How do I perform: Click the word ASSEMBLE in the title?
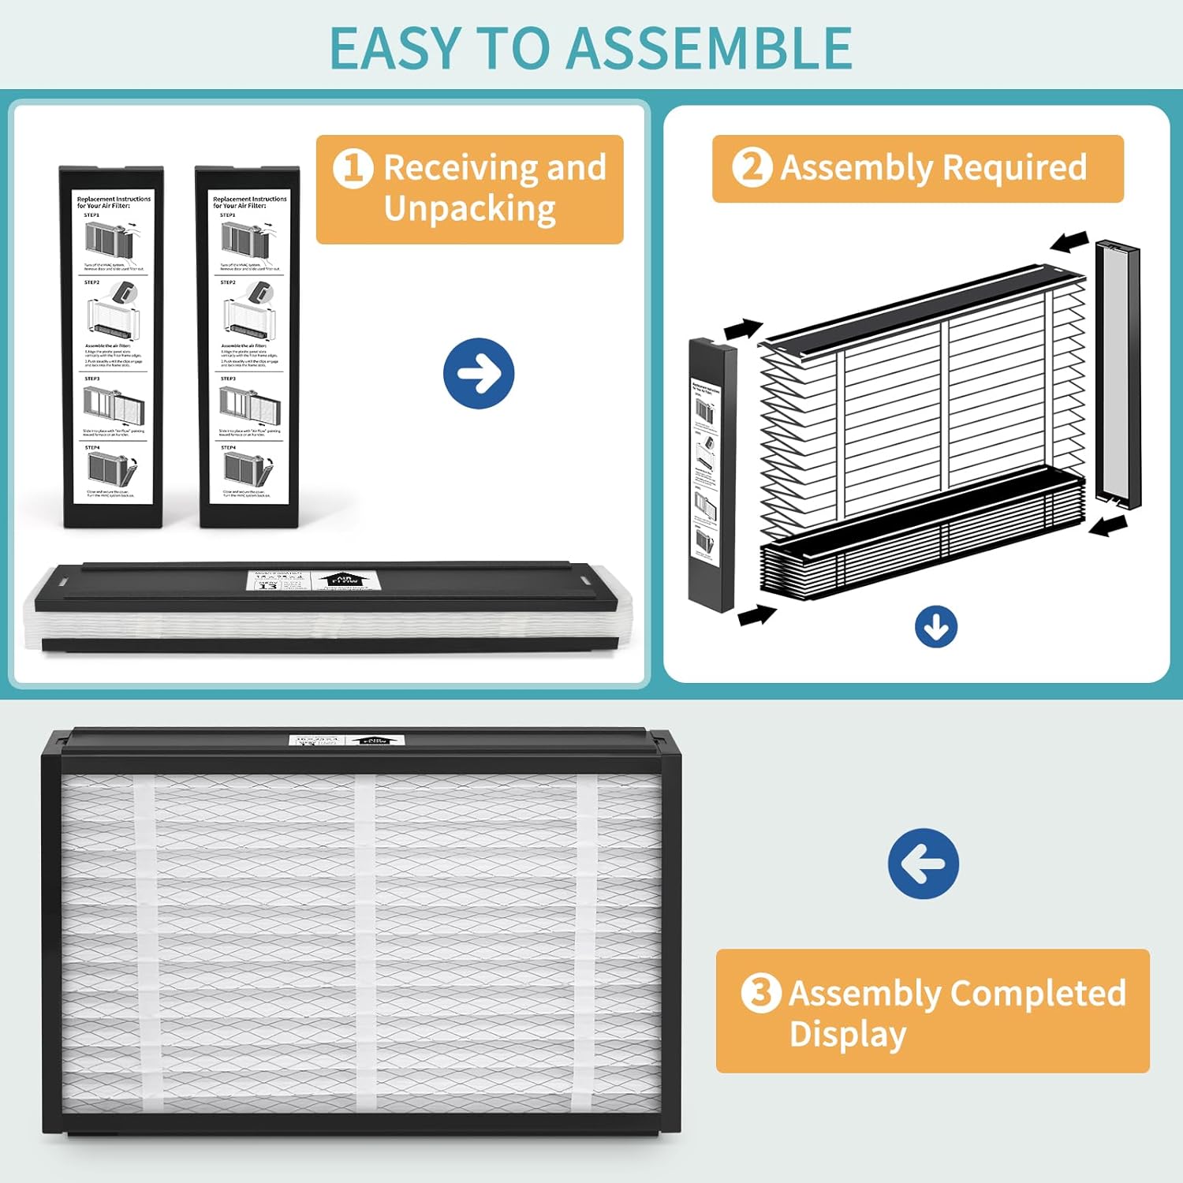709,49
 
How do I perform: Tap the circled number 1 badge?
353,169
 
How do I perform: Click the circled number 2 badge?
752,167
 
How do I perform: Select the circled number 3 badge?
761,992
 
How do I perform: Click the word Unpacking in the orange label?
470,209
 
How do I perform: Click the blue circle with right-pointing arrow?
479,374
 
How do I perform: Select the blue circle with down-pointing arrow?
936,628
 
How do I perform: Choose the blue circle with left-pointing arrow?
924,864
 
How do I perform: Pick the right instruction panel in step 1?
248,347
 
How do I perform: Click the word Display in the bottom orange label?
848,1034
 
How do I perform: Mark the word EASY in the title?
394,49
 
